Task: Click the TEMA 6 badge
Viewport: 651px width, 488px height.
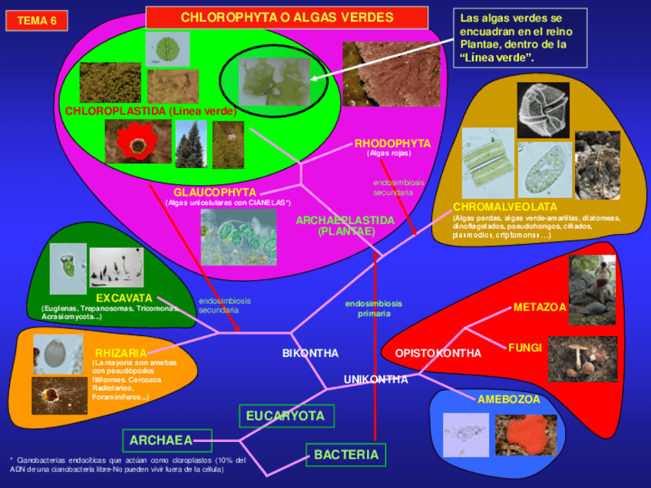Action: tap(37, 21)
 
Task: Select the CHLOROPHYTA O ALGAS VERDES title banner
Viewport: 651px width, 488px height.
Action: tap(286, 18)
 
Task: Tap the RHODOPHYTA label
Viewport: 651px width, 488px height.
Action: tap(392, 143)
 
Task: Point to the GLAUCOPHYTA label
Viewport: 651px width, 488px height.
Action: tap(214, 192)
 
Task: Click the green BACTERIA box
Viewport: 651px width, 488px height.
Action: tap(345, 454)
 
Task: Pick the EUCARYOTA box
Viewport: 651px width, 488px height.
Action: tap(286, 416)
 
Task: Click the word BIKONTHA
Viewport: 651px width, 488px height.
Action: tap(310, 353)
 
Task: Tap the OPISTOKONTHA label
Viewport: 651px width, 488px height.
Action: tap(438, 353)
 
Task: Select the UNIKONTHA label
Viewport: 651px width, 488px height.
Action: tap(375, 379)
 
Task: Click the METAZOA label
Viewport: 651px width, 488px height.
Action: tap(540, 307)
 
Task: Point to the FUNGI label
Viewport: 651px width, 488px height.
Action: tap(524, 348)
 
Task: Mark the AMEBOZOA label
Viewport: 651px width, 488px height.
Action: tap(509, 399)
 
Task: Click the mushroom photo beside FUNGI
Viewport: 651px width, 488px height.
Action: tap(582, 358)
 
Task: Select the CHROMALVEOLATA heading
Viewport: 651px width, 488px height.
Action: tap(504, 207)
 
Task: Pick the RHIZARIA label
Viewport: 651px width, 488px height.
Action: tap(121, 353)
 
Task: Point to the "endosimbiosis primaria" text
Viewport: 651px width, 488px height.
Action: tap(373, 308)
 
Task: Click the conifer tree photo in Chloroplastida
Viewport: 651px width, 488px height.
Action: tap(190, 145)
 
